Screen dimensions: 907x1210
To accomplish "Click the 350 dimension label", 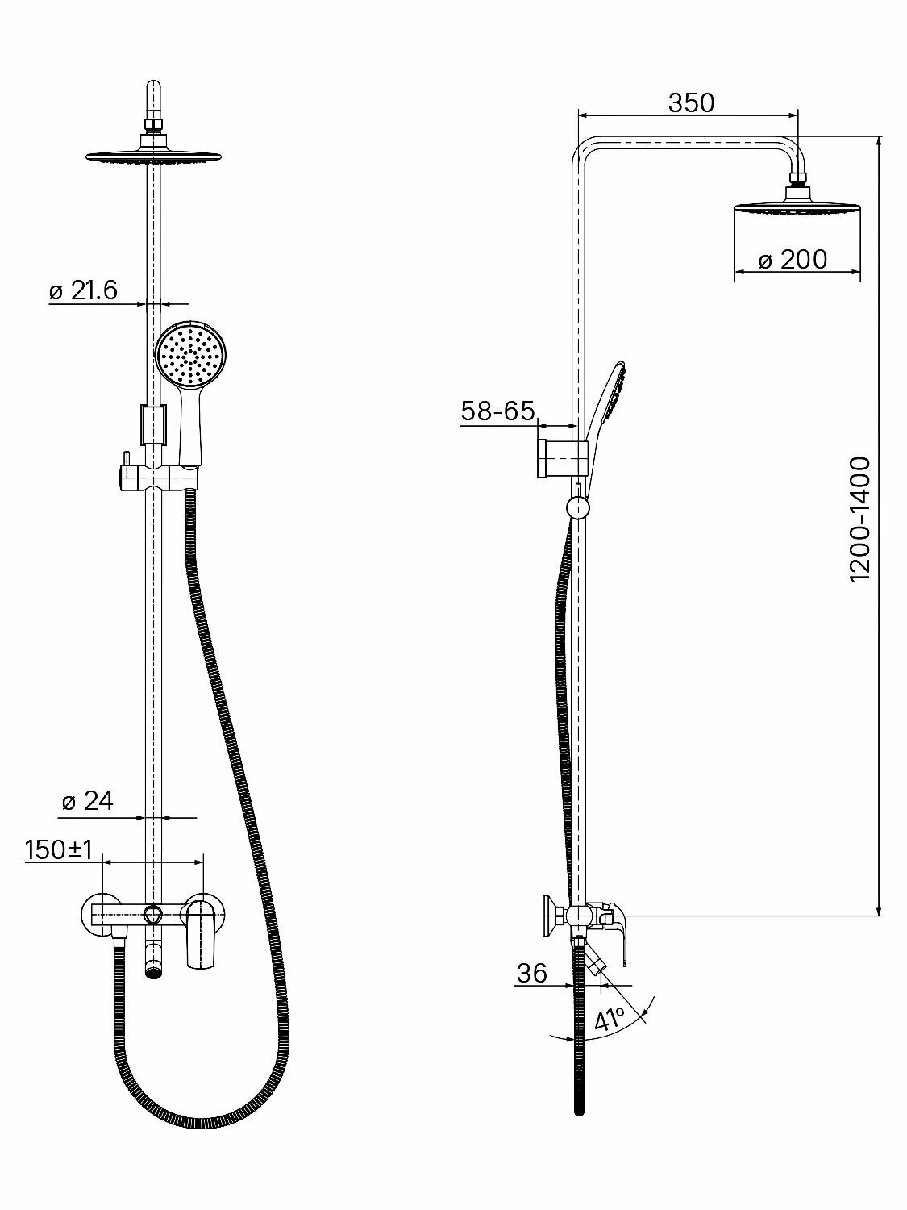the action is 691,103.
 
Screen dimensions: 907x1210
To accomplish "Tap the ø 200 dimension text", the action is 793,260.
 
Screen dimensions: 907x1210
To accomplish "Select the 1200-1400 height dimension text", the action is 861,519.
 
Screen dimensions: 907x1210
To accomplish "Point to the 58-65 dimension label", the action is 497,411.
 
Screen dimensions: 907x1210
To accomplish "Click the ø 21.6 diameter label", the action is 83,291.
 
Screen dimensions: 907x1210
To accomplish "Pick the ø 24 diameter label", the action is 88,801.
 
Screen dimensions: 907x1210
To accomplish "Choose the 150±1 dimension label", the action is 60,849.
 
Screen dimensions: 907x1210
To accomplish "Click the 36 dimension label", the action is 531,973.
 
